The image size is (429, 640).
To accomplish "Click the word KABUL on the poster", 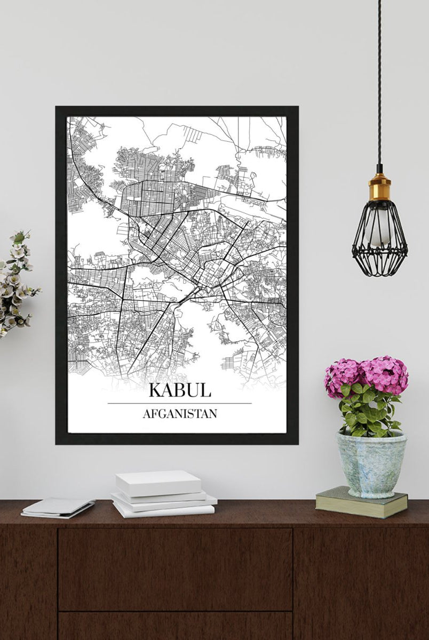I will click(x=180, y=389).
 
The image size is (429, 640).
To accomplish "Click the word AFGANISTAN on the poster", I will click(x=180, y=413).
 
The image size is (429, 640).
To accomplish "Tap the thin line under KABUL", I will click(x=180, y=403).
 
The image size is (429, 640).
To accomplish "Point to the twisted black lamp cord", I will click(x=379, y=80).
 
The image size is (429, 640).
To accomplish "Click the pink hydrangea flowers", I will click(x=367, y=374).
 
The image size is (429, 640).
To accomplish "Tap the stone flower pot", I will click(x=370, y=464).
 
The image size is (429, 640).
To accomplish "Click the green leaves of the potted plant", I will click(x=368, y=411).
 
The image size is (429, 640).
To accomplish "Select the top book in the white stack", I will click(x=158, y=482).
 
